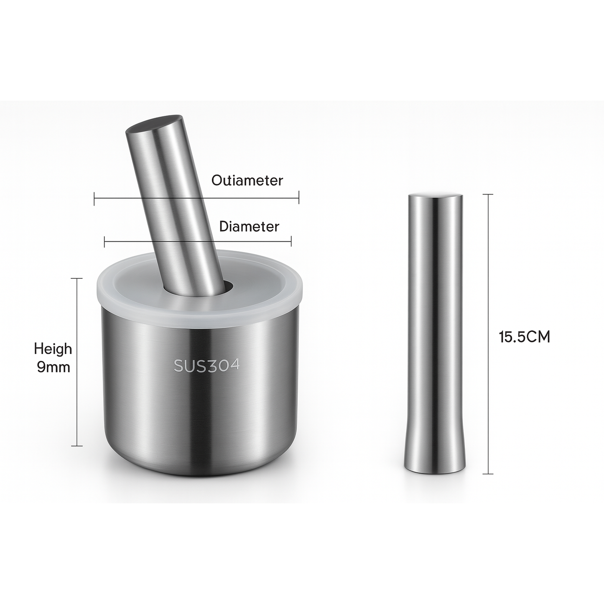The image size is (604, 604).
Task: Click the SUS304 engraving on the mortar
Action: (206, 365)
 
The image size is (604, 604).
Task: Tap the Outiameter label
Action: (247, 181)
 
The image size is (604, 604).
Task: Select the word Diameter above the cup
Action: (249, 227)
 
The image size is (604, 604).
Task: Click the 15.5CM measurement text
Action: (524, 337)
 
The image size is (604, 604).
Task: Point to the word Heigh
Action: (53, 349)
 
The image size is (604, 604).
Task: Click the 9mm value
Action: (54, 367)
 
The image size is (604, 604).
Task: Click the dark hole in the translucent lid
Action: (228, 287)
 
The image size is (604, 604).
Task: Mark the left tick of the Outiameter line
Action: (94, 199)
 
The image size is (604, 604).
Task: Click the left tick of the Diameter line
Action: (104, 241)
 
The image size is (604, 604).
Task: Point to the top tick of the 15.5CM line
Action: (488, 195)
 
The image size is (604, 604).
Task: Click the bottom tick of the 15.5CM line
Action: (488, 474)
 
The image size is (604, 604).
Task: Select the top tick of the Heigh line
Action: (77, 278)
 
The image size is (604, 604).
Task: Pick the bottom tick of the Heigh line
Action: (77, 446)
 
